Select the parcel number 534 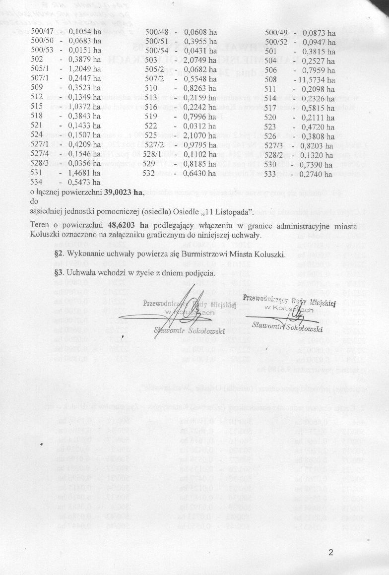tap(37, 183)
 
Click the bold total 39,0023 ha tap(125, 192)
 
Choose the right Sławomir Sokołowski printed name tap(287, 326)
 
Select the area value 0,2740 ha tap(319, 173)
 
